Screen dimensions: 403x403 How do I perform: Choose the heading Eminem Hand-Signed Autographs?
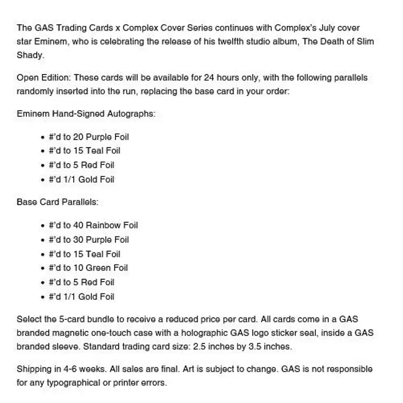click(x=86, y=114)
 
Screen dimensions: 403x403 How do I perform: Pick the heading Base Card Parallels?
click(x=57, y=202)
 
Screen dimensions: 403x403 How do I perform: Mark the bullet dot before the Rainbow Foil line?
click(x=42, y=226)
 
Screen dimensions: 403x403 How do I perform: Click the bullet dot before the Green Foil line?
click(x=42, y=268)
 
